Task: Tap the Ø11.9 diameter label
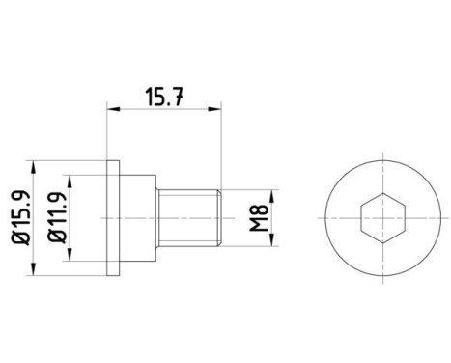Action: (59, 215)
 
